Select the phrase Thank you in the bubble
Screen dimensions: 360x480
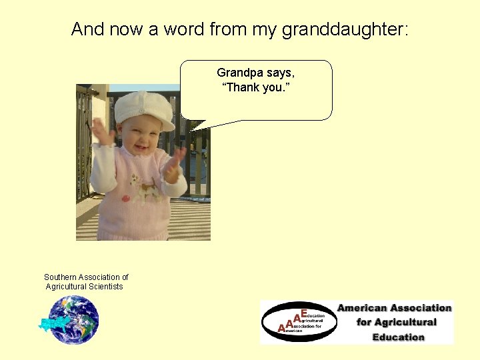click(x=256, y=87)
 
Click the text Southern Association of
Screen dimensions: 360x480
click(x=86, y=277)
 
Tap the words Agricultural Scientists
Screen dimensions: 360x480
click(x=84, y=287)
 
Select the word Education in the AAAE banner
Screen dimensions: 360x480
click(x=398, y=337)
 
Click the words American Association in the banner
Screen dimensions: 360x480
click(x=394, y=308)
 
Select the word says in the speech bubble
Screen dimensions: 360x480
click(x=283, y=72)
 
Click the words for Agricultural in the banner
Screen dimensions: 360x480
click(x=396, y=323)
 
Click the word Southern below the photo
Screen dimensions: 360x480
click(x=60, y=277)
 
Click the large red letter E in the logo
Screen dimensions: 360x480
click(x=303, y=313)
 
